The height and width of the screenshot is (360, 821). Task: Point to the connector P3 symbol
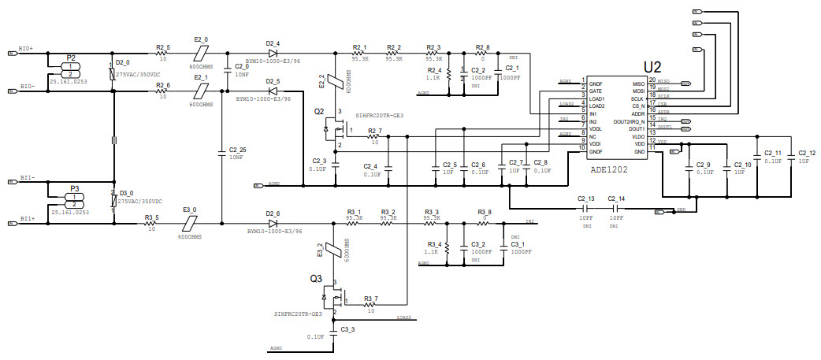[74, 201]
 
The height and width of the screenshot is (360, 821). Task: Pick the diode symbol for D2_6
[273, 224]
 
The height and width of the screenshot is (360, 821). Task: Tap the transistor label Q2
[318, 112]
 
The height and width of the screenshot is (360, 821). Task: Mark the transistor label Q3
[316, 278]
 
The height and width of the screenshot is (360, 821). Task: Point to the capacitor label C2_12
[807, 153]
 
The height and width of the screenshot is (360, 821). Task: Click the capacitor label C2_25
[237, 150]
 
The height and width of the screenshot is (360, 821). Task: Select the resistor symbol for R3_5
[151, 224]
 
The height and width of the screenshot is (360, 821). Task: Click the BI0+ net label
[26, 49]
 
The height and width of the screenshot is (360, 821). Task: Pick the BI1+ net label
[26, 218]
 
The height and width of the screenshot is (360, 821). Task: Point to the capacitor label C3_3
[347, 328]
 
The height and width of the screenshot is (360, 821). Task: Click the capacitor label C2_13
[585, 198]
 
